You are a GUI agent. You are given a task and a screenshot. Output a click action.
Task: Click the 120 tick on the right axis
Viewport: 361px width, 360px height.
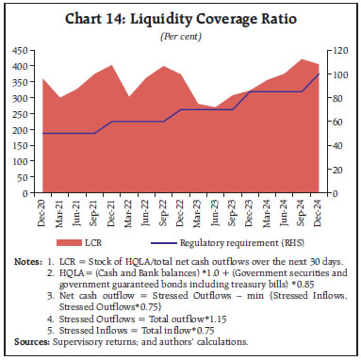336,50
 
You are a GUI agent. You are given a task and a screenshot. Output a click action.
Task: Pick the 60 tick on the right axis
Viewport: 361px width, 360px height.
333,122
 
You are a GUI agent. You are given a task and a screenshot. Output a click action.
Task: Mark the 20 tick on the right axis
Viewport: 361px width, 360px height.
333,170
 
